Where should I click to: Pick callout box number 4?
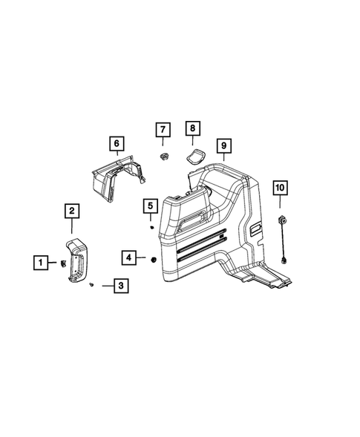tap(129, 257)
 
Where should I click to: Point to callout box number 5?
tap(149, 206)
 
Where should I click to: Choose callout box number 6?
tap(116, 142)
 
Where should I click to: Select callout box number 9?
tap(223, 145)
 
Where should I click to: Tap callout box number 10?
tap(281, 188)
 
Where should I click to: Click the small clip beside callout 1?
tap(62, 262)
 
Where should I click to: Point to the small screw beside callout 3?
tap(91, 284)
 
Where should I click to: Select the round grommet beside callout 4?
tap(151, 258)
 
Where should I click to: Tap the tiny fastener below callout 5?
tap(151, 228)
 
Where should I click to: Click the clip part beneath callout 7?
tap(163, 154)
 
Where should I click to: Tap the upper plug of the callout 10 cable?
tap(282, 220)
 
